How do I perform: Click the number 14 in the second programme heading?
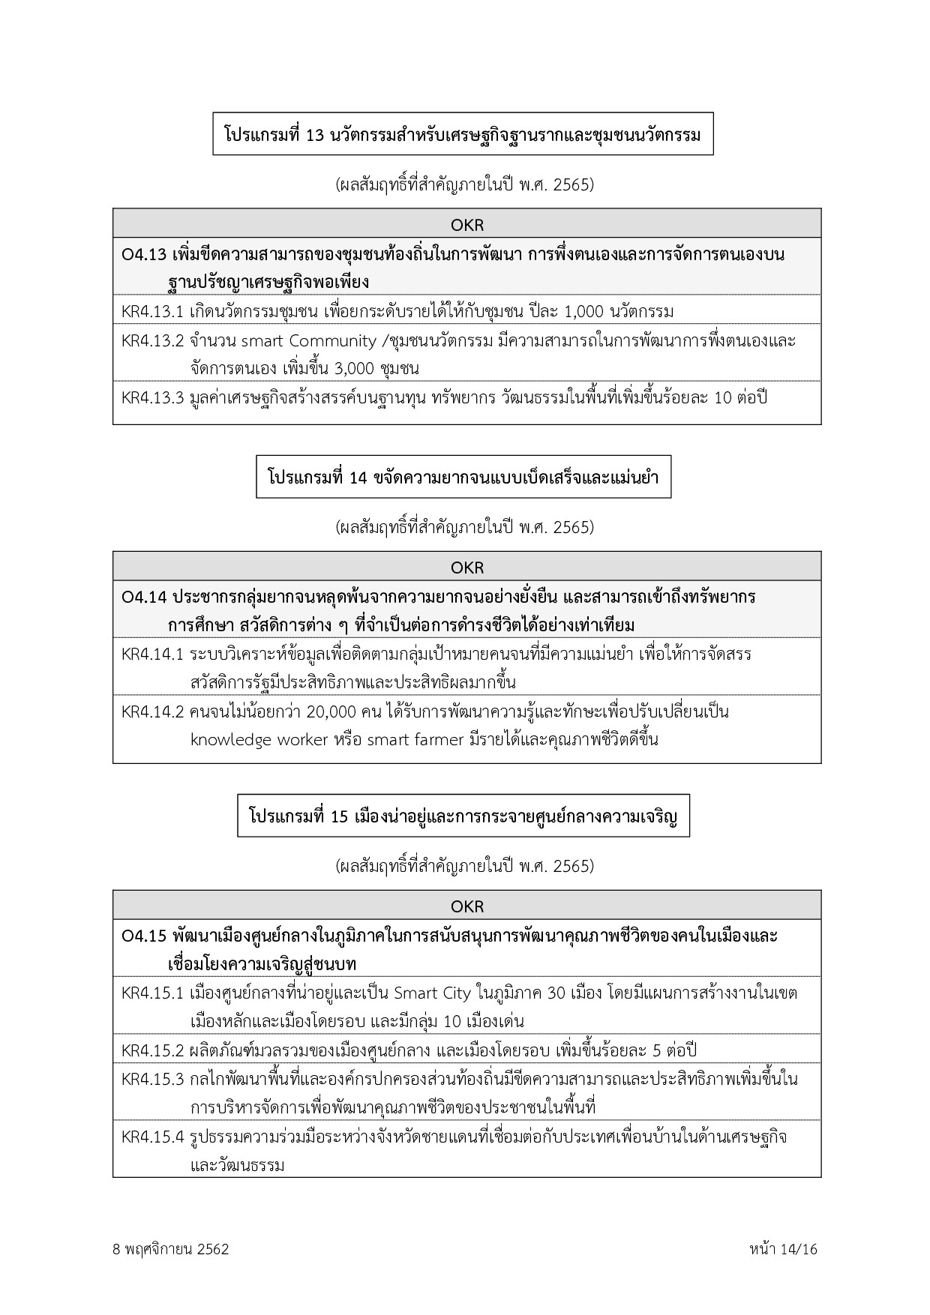358,478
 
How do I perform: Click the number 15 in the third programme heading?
340,816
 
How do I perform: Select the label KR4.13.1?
152,311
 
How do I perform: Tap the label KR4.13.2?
152,341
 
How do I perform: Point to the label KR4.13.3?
152,398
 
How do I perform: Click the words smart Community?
308,341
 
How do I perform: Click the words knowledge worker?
259,740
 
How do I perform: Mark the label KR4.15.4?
152,1137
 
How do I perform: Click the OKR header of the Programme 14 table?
466,568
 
